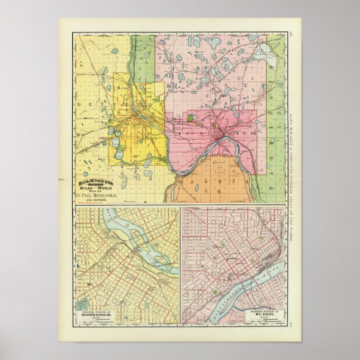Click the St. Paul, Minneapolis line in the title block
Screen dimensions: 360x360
(x=97, y=195)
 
